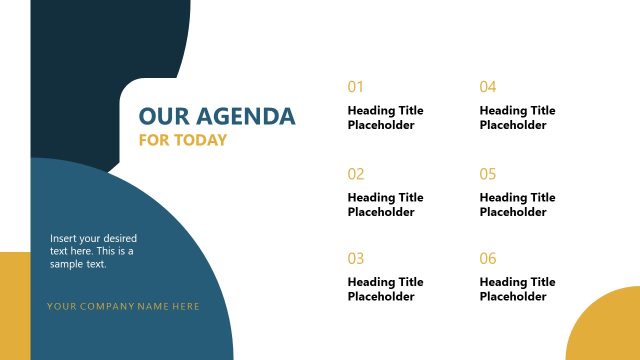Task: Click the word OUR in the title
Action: pos(159,117)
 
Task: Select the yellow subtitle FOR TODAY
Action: pos(182,140)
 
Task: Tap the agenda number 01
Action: pos(356,87)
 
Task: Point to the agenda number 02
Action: pos(356,174)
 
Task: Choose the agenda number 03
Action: pos(356,259)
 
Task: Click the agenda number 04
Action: pos(488,87)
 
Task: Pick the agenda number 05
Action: pos(488,174)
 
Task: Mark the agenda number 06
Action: pos(488,259)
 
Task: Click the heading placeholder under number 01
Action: pos(385,118)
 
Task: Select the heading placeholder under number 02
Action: pos(385,205)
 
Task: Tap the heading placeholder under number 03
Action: pos(385,289)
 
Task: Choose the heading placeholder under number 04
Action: pos(517,118)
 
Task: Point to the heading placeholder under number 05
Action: pos(517,205)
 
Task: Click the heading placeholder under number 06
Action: pos(517,289)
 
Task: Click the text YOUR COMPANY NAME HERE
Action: pos(123,306)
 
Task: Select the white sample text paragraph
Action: pos(93,251)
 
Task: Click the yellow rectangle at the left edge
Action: pos(14,305)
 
